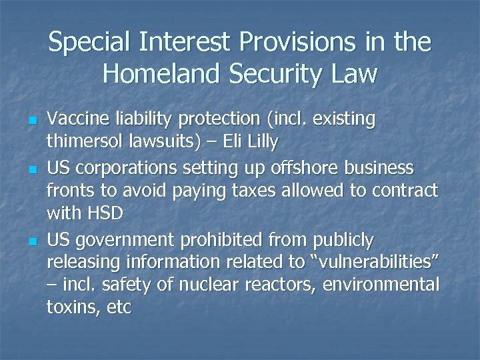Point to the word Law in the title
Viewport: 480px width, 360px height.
click(x=353, y=74)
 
